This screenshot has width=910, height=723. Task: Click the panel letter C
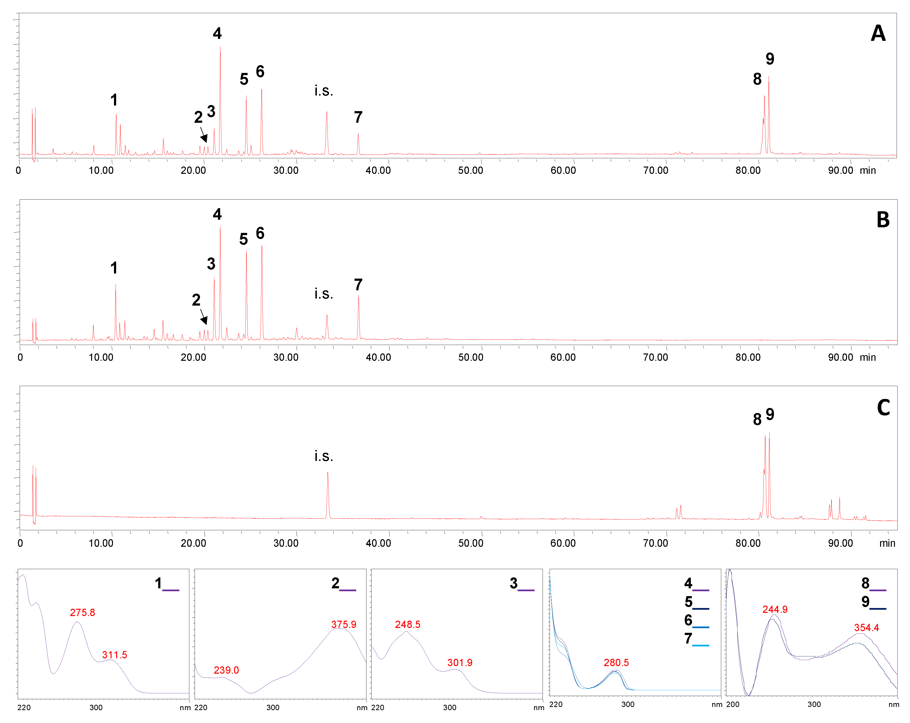point(883,407)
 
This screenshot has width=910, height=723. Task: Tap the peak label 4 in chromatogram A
point(217,33)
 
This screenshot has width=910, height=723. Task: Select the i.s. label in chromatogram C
point(324,456)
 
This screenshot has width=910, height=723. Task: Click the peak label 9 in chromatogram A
point(770,59)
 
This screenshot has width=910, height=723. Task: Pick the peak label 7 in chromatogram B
point(358,285)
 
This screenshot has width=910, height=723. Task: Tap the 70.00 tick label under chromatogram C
point(656,543)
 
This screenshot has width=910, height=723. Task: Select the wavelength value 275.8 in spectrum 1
point(82,612)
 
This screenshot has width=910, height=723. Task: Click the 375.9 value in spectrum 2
point(344,624)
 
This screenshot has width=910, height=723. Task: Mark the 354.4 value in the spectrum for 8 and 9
point(867,627)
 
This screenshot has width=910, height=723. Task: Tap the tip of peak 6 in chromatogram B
point(262,246)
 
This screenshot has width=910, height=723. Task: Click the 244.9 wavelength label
point(775,609)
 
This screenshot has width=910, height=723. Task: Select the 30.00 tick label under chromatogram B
point(286,357)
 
